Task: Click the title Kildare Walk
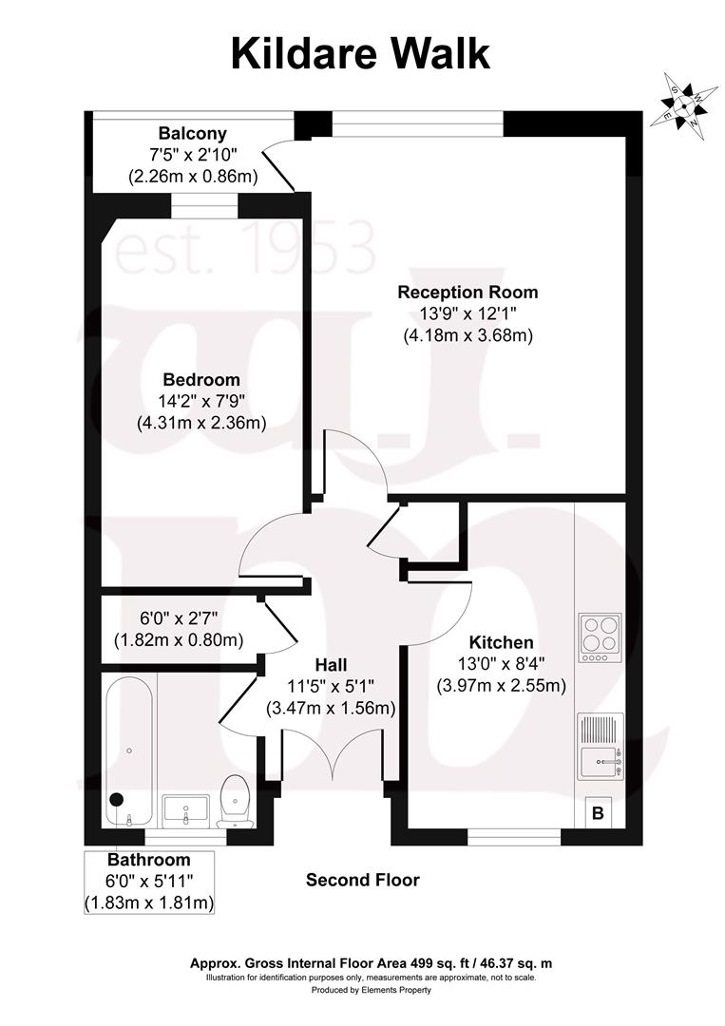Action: point(361,53)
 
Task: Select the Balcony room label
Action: point(193,133)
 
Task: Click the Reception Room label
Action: point(467,292)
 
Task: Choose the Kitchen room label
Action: point(501,642)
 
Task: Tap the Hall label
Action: point(330,664)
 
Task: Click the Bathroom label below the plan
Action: point(148,860)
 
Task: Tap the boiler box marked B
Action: point(598,812)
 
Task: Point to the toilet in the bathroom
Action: point(233,800)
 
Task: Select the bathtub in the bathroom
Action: point(128,751)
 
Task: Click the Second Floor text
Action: point(362,880)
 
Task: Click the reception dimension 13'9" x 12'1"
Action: point(467,313)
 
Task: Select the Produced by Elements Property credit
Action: point(372,990)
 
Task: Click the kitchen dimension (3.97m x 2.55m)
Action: point(501,685)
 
